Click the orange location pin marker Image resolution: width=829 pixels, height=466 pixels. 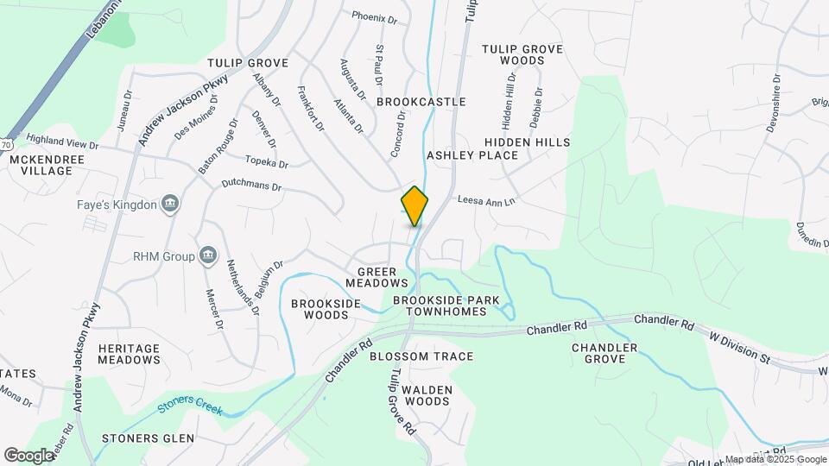pos(414,205)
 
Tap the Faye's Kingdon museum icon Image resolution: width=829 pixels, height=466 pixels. pos(171,205)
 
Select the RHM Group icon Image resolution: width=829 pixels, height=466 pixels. pos(207,255)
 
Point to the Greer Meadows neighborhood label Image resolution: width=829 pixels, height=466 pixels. pos(377,276)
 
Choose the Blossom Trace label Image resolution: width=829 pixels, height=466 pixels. pos(421,356)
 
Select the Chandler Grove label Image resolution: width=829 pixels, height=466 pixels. pos(604,354)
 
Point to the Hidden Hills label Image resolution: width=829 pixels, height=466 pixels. pos(527,142)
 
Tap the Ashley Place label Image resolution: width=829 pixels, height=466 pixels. pos(472,155)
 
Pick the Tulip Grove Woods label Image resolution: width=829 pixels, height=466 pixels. pos(522,54)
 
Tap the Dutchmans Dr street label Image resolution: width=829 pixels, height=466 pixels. pos(252,186)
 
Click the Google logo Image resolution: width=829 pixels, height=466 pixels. pos(28,455)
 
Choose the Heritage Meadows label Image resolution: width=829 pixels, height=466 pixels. pos(129,354)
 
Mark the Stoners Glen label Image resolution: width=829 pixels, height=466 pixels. pos(142,438)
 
